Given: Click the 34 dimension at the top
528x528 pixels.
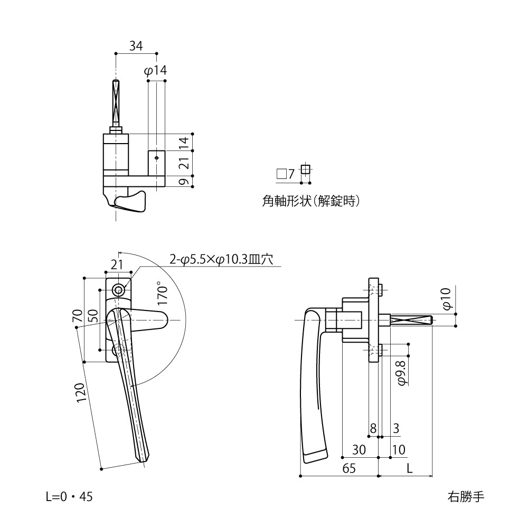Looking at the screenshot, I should pos(136,46).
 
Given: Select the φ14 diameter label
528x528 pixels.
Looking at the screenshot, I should pos(155,71).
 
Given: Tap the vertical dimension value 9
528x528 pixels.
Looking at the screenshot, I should pos(183,182).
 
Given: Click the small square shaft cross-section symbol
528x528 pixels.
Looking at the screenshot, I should pos(305,169).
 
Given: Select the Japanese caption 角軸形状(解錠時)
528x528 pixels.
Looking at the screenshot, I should pos(310,201).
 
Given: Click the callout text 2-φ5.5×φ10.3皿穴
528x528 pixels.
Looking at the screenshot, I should pos(221,259).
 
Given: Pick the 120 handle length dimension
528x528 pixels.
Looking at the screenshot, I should pos(81,393).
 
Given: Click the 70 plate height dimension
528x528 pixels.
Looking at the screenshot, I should pos(78,317).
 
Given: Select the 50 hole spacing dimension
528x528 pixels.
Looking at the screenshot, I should pos(93,317).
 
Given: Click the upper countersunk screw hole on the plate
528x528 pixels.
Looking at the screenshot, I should pos(119,289).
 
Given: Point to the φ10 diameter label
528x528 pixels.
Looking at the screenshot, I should pos(446,299).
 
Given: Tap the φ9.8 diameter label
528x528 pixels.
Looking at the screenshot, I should pos(401,373).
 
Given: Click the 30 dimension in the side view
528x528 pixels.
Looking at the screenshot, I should pos(359,450).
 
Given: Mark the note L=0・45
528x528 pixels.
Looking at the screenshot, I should pos(69,497).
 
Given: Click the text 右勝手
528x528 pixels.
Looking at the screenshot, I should pos(465,497).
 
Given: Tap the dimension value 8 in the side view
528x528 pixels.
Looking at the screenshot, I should pos(373,429).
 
